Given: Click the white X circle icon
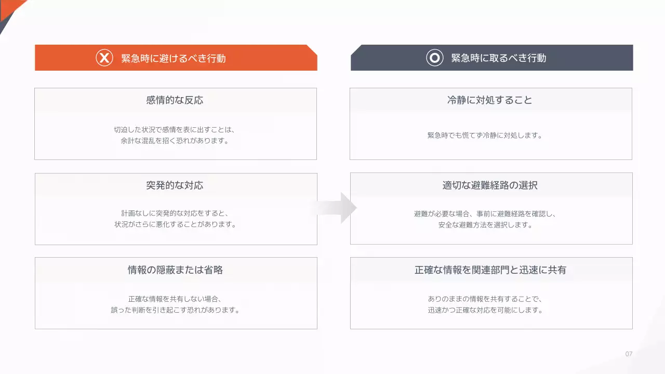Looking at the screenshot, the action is click(104, 58).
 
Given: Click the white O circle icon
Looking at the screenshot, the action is click(434, 58).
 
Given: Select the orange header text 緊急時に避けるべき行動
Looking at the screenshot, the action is click(174, 58).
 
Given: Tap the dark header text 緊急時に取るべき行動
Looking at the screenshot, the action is click(499, 58).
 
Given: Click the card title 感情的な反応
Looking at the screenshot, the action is click(175, 100).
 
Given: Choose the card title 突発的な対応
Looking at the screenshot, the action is click(175, 185).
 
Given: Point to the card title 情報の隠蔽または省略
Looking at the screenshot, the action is click(175, 270).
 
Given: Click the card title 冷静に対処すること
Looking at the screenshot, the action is click(490, 100).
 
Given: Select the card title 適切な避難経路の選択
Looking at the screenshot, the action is click(490, 185).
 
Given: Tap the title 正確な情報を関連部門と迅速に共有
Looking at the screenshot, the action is click(490, 270).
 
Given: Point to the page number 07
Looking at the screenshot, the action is click(629, 354).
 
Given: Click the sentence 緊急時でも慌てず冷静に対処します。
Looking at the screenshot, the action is click(485, 136).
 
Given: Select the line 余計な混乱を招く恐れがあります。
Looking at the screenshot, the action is click(175, 141).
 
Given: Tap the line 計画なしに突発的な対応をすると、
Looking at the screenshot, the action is click(175, 213).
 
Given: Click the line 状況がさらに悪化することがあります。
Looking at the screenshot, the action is click(175, 225).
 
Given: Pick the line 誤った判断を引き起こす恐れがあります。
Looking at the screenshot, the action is click(175, 310).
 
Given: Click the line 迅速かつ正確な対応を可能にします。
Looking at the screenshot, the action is click(485, 310).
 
